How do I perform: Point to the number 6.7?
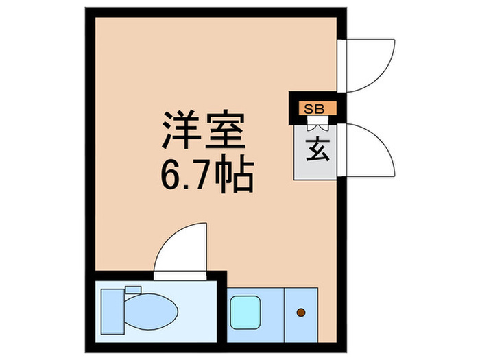[x=184, y=176]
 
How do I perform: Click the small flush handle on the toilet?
[x=132, y=289]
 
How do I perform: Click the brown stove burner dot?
[x=300, y=313]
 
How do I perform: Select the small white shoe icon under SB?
[x=317, y=124]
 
